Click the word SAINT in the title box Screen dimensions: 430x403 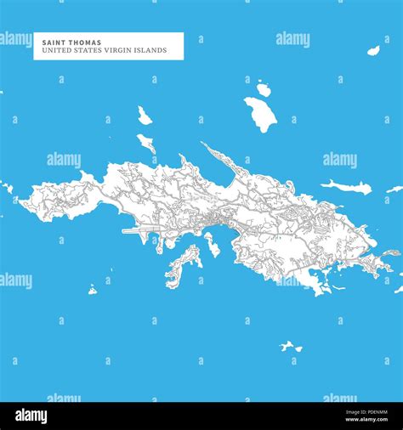(x=47, y=41)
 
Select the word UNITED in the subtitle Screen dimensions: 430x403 (x=50, y=50)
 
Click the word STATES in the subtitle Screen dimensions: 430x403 (x=87, y=50)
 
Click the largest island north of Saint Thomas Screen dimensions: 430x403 (x=261, y=113)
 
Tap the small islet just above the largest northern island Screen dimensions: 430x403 (x=264, y=88)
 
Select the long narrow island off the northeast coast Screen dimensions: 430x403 (x=346, y=186)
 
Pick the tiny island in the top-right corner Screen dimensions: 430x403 (x=373, y=51)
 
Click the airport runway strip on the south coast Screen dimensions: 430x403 (x=140, y=231)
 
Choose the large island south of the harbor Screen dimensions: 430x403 (x=182, y=267)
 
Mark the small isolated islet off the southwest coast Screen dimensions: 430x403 (x=92, y=290)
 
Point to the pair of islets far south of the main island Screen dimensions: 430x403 (x=291, y=346)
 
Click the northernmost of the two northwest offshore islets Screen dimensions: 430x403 (x=144, y=116)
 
